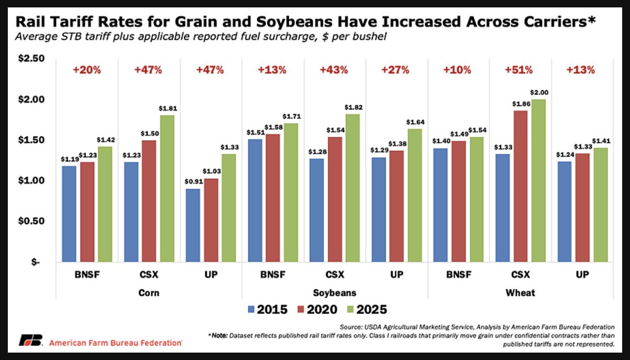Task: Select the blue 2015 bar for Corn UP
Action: [193, 225]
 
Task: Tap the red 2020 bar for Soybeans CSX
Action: [335, 199]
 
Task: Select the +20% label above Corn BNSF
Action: [87, 70]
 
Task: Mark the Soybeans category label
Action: [335, 292]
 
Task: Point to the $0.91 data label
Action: [193, 183]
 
